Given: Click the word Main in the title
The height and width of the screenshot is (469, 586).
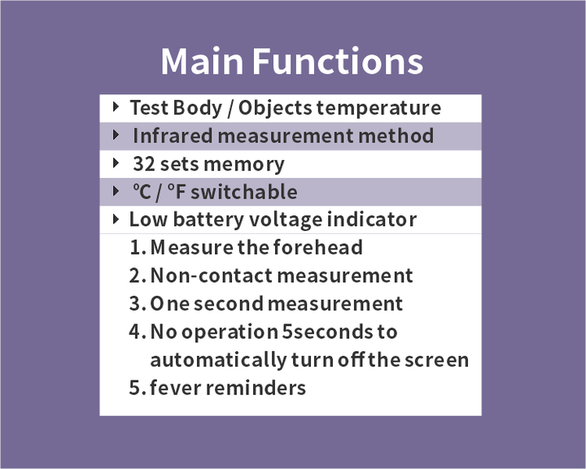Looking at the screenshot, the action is point(201,62).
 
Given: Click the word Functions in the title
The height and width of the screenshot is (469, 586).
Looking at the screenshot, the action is point(337,62).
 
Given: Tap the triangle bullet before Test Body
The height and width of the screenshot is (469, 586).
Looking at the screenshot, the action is point(116,106).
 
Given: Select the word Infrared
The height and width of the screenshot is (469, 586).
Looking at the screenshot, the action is point(171,136).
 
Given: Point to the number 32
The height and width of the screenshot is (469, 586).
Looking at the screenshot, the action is point(143,164).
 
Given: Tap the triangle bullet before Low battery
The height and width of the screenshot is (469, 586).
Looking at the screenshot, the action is point(116,219).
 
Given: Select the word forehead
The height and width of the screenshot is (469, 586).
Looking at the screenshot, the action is point(318,247).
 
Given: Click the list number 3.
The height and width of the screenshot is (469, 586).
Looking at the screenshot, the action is point(136,304).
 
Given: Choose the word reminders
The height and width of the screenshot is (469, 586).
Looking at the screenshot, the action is point(256,388).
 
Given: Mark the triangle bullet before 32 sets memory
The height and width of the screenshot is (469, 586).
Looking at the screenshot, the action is point(116,163).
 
